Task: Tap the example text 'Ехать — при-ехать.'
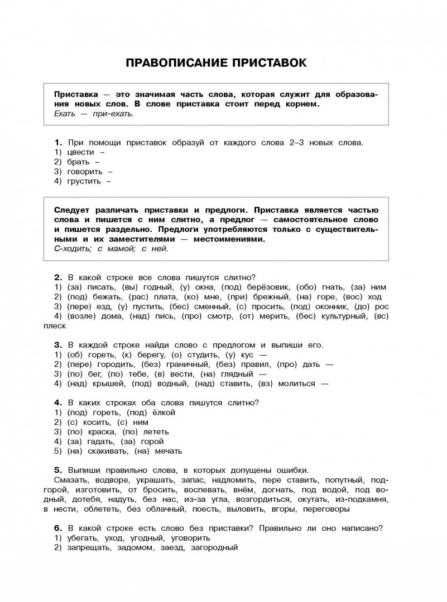pos(94,114)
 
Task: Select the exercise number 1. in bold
pos(57,142)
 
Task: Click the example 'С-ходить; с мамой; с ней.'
pos(111,249)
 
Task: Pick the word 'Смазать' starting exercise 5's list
pos(71,480)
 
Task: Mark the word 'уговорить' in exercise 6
pos(190,538)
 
